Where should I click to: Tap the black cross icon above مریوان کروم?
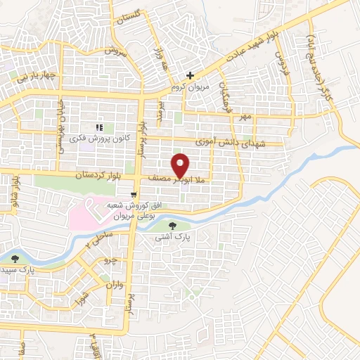(x=190, y=75)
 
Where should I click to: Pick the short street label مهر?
(x=244, y=116)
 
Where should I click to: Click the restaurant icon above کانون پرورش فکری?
(x=99, y=127)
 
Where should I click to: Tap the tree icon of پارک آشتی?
(x=173, y=226)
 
